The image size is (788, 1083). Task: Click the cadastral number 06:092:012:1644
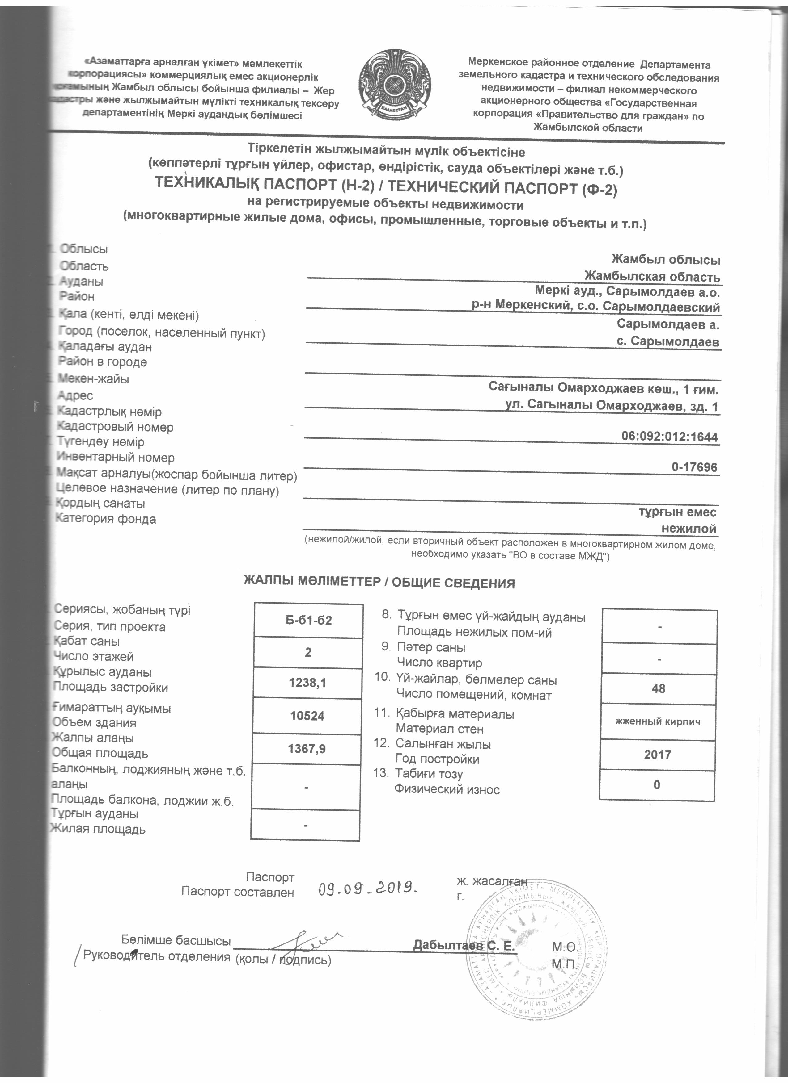669,437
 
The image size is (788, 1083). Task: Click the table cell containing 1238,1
307,683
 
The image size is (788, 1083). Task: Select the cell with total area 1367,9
307,749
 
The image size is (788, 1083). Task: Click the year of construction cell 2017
658,755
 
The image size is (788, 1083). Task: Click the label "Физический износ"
447,789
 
